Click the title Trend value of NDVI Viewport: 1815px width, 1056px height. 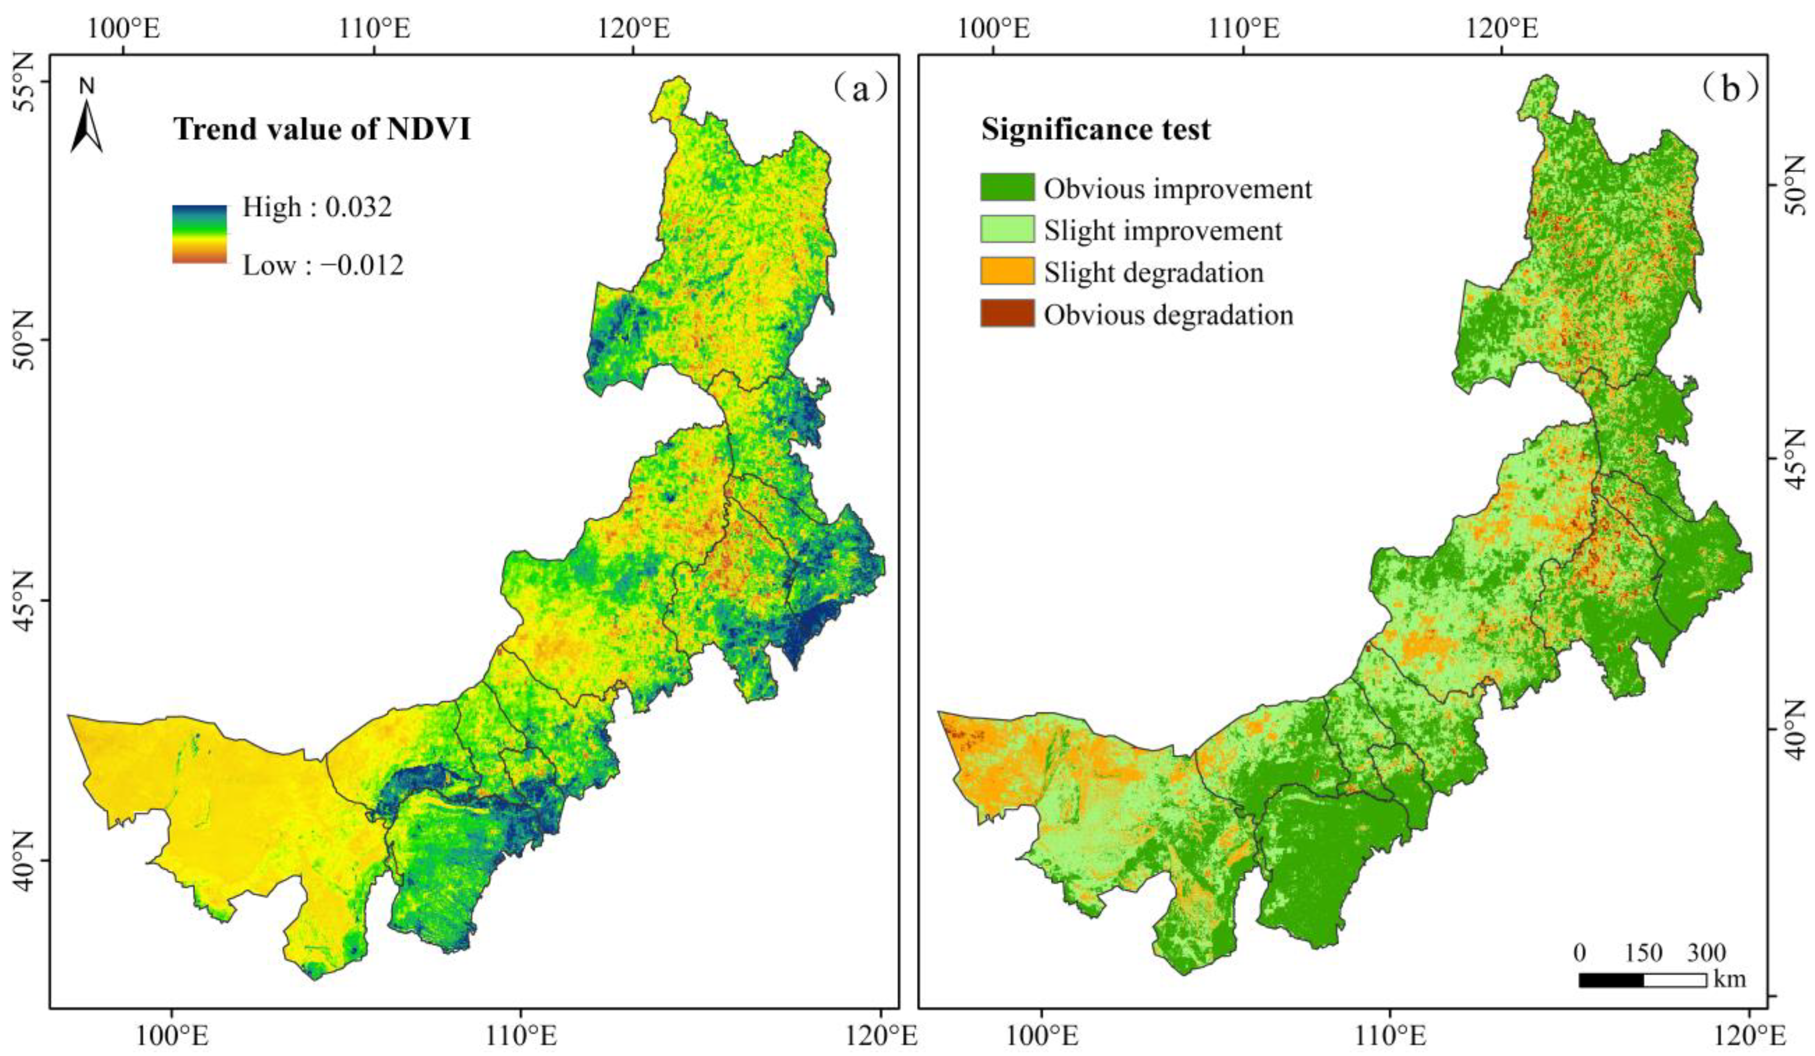(322, 130)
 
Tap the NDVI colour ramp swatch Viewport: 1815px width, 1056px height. (199, 234)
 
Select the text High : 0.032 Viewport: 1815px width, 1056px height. (317, 207)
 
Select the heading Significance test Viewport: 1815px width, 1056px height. (1095, 130)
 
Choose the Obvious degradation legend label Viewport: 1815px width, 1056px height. (1169, 315)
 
